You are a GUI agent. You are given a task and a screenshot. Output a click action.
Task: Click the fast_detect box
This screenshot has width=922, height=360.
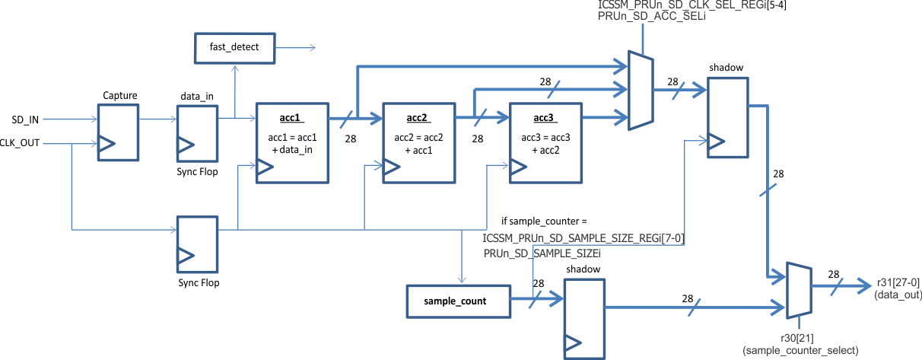pyautogui.click(x=234, y=47)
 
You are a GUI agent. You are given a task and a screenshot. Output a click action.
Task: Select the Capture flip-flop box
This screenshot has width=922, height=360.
pyautogui.click(x=119, y=132)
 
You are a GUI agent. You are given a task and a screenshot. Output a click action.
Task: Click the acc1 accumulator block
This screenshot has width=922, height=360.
pyautogui.click(x=292, y=143)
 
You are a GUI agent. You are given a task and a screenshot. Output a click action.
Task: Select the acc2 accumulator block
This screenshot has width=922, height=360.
pyautogui.click(x=418, y=143)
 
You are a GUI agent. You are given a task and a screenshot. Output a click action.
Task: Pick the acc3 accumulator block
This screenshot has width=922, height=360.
pyautogui.click(x=545, y=143)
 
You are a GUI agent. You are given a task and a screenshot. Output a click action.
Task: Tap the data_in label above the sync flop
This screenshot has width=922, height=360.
pyautogui.click(x=196, y=97)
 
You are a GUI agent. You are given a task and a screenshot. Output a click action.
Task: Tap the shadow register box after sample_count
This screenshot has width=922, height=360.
pyautogui.click(x=584, y=318)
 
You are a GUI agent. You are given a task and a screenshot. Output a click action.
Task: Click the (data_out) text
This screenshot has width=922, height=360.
pyautogui.click(x=898, y=293)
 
